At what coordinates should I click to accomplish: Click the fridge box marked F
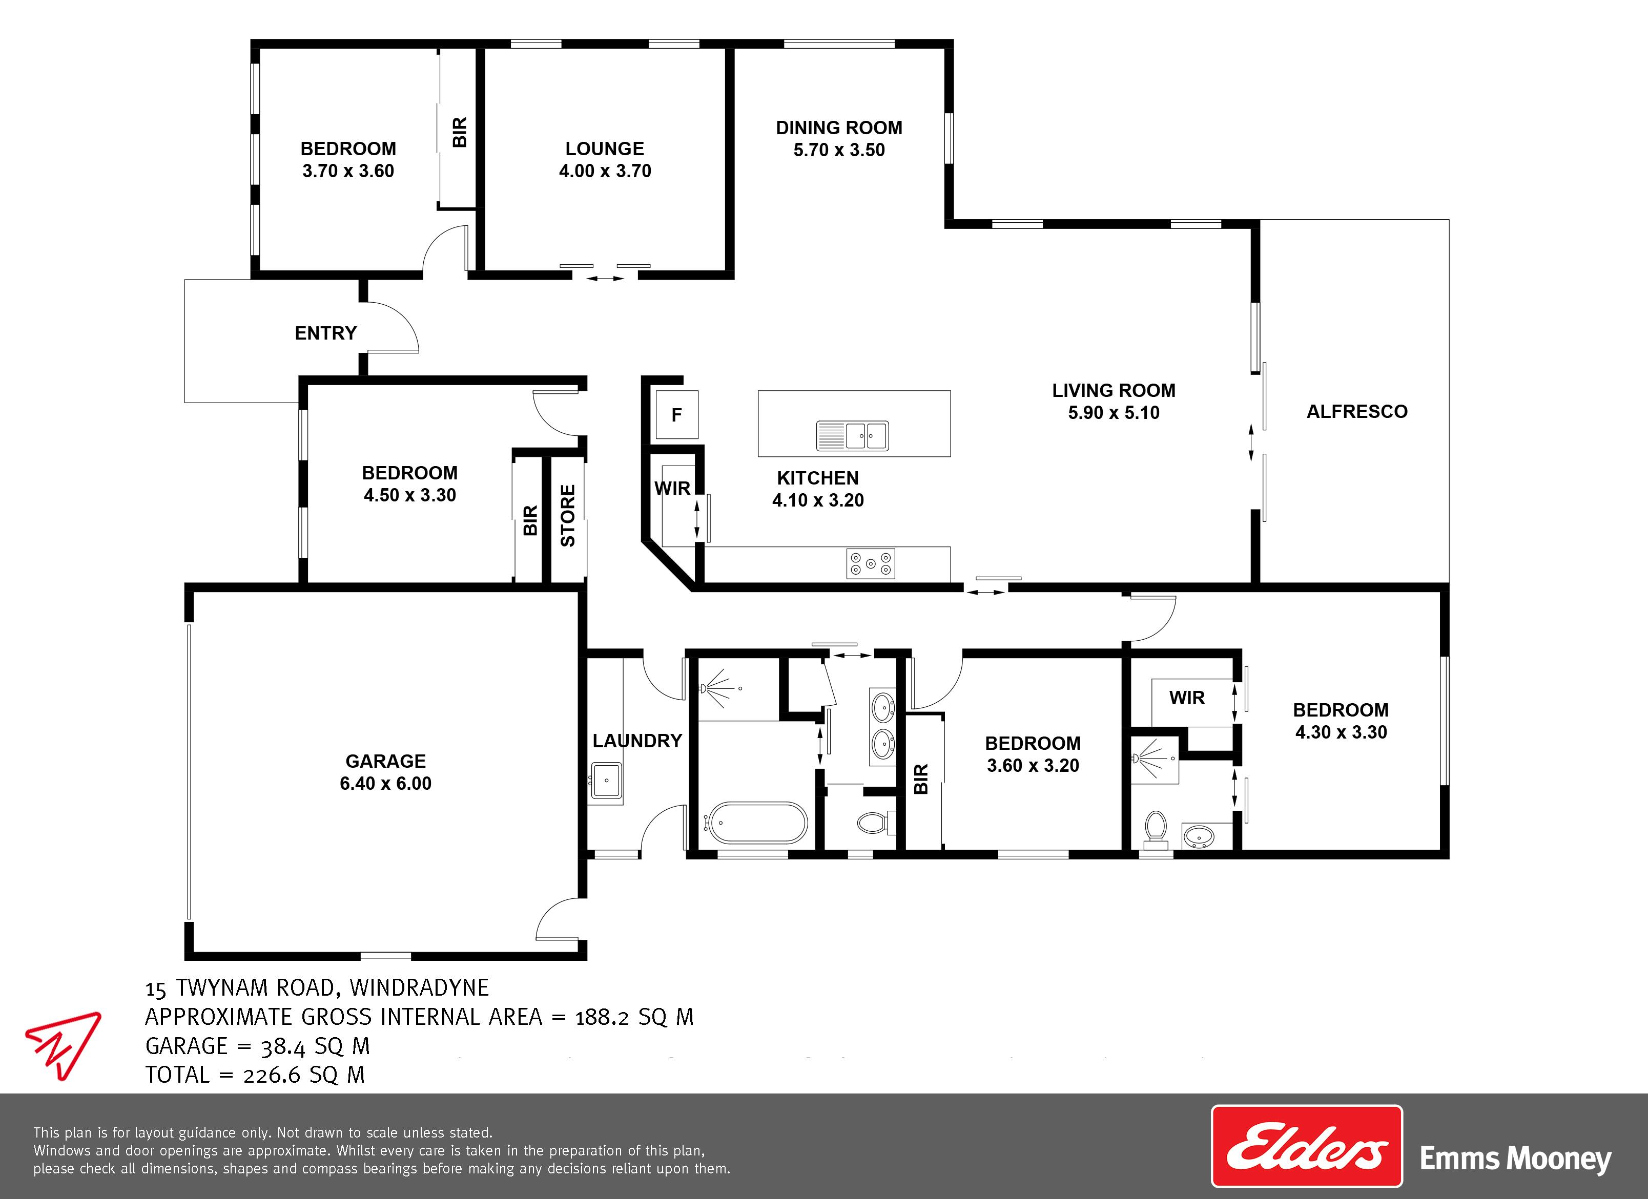[676, 415]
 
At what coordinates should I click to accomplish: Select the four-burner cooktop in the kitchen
[871, 563]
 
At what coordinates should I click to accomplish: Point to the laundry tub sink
[605, 782]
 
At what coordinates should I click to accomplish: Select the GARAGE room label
[385, 761]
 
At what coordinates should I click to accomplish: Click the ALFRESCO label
[1356, 412]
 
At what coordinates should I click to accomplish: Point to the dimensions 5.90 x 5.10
[1113, 412]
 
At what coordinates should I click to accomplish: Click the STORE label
[567, 516]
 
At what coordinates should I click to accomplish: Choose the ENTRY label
[325, 333]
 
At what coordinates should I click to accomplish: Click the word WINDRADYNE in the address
[419, 987]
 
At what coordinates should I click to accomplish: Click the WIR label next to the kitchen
[672, 489]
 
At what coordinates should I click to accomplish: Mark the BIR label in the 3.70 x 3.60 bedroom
[459, 132]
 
